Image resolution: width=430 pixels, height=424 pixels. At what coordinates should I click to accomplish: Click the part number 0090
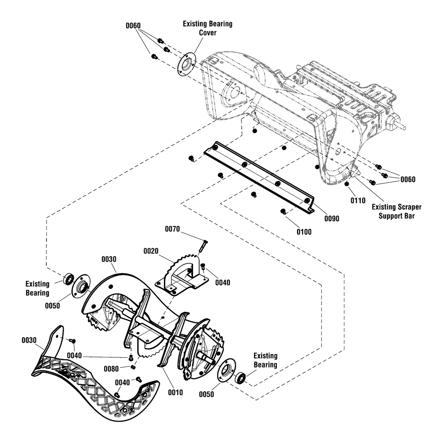pyautogui.click(x=332, y=219)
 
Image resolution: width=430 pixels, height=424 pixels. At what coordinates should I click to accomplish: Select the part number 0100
pyautogui.click(x=304, y=232)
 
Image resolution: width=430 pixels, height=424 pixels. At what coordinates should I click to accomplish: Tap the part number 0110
pyautogui.click(x=358, y=201)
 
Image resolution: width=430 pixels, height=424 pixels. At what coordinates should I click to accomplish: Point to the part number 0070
pyautogui.click(x=172, y=229)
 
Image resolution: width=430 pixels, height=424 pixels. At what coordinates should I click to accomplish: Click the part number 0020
pyautogui.click(x=151, y=251)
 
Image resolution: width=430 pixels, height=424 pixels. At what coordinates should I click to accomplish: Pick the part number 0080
pyautogui.click(x=111, y=369)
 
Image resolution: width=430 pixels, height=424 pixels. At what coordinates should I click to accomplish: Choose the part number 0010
pyautogui.click(x=175, y=393)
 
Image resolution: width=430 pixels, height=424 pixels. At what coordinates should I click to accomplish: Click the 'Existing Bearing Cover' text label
pyautogui.click(x=208, y=28)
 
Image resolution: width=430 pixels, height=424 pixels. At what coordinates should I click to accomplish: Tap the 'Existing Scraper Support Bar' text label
pyautogui.click(x=396, y=211)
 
